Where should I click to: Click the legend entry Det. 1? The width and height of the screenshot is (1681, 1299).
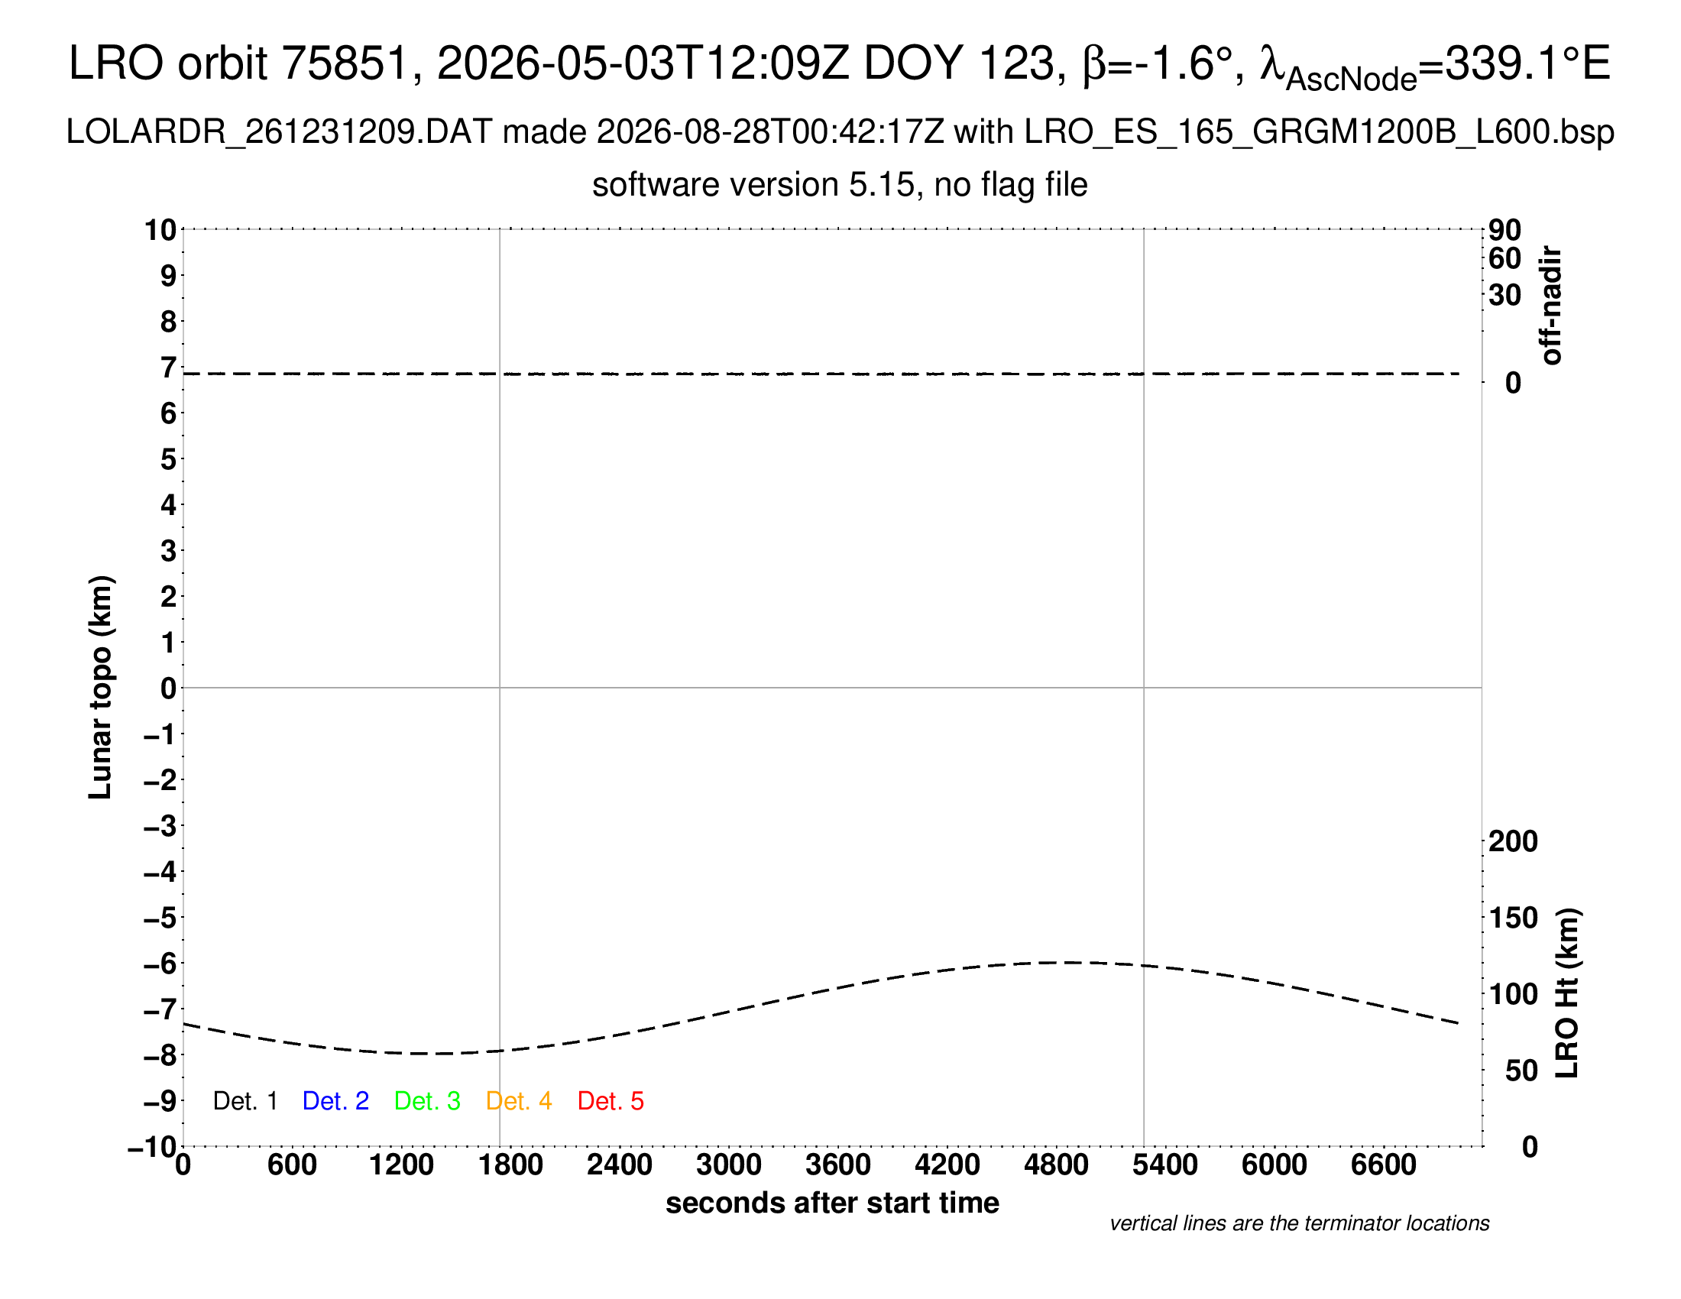point(245,1101)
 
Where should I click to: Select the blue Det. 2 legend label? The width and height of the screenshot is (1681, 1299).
point(335,1101)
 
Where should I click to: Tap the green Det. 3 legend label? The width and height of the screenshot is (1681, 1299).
point(427,1101)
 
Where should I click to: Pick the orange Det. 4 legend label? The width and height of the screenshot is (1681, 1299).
point(519,1101)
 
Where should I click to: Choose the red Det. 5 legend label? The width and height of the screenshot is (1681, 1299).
point(611,1101)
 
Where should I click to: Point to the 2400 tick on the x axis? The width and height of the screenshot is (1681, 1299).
point(620,1165)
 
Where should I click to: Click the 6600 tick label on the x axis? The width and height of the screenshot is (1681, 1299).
point(1384,1165)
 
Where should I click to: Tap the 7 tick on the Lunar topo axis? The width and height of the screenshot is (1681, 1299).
point(169,368)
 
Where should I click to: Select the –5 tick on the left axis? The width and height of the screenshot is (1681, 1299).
point(160,918)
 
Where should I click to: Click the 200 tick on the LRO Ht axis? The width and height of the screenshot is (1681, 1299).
point(1513,842)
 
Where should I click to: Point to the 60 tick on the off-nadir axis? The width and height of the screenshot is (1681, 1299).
point(1504,258)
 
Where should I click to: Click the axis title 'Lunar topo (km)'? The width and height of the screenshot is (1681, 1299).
point(100,687)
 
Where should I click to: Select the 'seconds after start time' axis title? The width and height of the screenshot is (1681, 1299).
point(832,1203)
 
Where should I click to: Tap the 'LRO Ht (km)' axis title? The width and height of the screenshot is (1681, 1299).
point(1567,993)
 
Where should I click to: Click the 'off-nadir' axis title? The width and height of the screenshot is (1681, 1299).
point(1551,306)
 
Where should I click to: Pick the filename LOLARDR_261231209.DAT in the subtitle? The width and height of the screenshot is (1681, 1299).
point(279,132)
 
